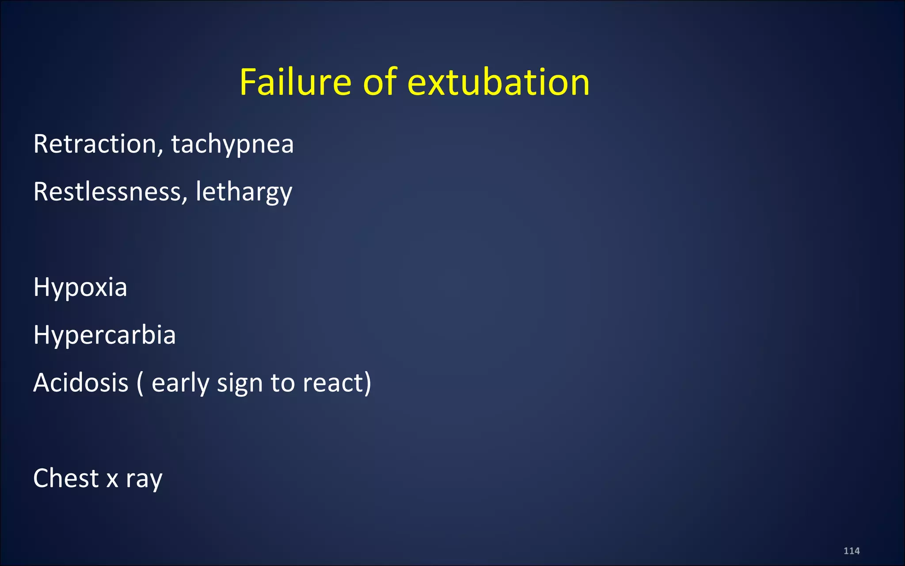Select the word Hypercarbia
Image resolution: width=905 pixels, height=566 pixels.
click(x=105, y=335)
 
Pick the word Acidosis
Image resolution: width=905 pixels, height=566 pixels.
click(x=81, y=382)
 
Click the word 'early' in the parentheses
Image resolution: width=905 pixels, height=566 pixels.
click(x=180, y=383)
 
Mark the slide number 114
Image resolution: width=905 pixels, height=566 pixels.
click(x=852, y=551)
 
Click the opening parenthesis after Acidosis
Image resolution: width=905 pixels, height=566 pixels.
click(x=140, y=383)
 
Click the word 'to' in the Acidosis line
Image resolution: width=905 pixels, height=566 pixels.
click(x=283, y=383)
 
